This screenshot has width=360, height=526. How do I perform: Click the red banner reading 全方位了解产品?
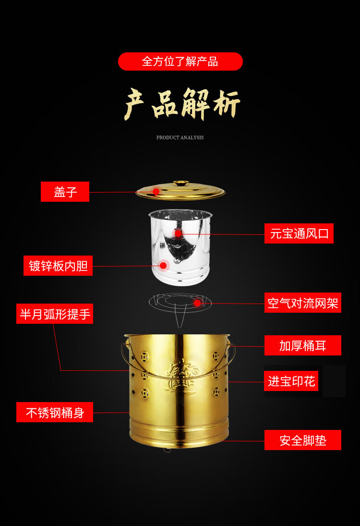point(180,61)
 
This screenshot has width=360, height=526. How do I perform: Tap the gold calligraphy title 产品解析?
point(182,104)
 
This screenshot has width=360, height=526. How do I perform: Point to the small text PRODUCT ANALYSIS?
point(180,137)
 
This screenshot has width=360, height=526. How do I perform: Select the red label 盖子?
point(65,192)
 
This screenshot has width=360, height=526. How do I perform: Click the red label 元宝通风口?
point(299,233)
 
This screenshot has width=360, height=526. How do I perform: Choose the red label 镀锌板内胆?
point(58,266)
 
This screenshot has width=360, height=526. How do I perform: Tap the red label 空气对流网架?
point(303,303)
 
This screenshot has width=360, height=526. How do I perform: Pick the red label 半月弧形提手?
point(55,314)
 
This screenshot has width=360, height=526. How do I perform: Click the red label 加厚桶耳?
point(303,345)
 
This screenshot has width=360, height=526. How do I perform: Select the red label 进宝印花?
point(291,381)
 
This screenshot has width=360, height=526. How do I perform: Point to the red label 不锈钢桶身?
point(55,412)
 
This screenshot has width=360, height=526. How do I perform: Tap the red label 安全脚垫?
point(303,440)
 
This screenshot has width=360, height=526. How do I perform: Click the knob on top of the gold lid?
point(180,183)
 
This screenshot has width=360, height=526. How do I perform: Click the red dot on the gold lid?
point(156,192)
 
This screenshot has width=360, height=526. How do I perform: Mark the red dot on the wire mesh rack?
point(197,303)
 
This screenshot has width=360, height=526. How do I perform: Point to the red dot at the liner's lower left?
point(163,265)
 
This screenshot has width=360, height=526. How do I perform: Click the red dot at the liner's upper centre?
point(178,233)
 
